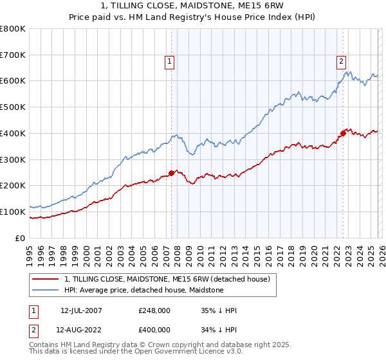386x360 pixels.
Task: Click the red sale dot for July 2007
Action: click(172, 172)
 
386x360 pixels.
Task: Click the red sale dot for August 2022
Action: click(343, 133)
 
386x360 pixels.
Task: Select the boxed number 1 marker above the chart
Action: click(169, 62)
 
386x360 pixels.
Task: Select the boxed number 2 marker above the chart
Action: click(340, 62)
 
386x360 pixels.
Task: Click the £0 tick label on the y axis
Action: click(21, 238)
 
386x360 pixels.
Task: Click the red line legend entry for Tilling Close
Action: click(170, 279)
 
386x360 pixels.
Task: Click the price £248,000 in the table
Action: click(154, 310)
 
